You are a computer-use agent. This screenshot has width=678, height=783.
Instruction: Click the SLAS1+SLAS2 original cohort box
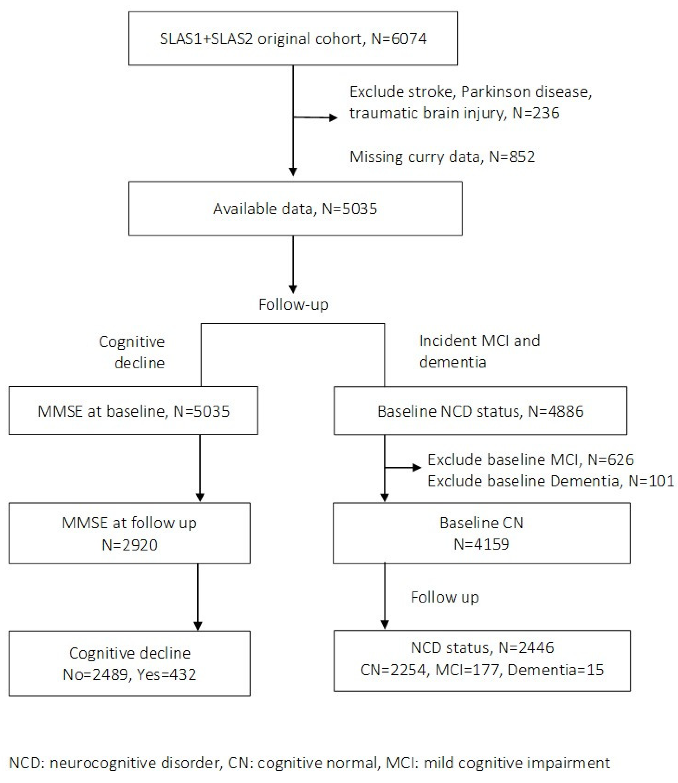(293, 38)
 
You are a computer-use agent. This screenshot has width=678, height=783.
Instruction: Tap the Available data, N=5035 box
(295, 209)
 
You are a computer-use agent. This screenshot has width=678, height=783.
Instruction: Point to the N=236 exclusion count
(535, 113)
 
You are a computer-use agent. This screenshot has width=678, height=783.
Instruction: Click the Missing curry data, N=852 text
(442, 156)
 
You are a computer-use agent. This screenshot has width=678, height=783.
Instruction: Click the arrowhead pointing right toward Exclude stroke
(333, 118)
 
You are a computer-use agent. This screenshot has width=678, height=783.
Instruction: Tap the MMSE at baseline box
(133, 411)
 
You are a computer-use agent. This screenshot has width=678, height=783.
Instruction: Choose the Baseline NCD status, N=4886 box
(480, 411)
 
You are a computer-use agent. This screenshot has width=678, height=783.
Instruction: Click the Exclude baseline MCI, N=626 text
(531, 459)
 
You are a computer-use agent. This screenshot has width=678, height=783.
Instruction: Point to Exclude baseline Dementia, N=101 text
(551, 481)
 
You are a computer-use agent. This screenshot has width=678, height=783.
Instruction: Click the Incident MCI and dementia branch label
(479, 351)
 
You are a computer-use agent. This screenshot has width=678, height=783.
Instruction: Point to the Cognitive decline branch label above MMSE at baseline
(132, 352)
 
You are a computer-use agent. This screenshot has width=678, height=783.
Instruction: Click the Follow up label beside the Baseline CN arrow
(445, 597)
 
